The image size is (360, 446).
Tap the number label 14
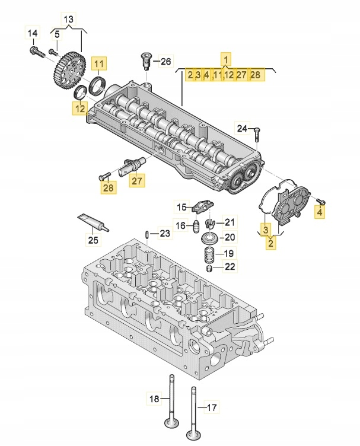33,32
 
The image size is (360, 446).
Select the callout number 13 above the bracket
69,20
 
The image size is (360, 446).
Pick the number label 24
241,128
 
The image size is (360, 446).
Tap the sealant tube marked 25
93,222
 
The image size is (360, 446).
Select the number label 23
164,234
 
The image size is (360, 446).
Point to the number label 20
230,237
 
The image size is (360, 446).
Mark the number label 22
230,267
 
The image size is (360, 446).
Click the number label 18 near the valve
153,399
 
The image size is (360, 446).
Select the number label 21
230,222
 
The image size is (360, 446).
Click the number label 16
180,225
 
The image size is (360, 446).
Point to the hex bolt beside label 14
37,52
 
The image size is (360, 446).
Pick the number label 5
57,36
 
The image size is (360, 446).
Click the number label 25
92,240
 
